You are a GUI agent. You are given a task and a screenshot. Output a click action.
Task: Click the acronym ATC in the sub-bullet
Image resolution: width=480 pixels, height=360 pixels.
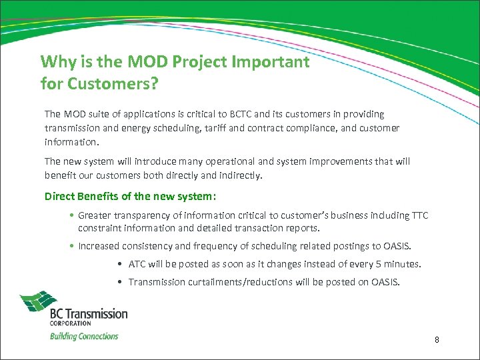[137, 264]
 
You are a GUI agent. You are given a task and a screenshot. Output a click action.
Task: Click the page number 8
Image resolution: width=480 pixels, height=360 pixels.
[437, 340]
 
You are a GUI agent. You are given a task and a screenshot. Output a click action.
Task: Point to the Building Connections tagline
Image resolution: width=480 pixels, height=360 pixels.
[84, 336]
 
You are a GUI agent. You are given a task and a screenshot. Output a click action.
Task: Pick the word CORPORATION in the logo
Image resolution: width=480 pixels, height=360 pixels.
[71, 322]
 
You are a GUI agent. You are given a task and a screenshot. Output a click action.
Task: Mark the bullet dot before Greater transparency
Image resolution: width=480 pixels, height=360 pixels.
[71, 215]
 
